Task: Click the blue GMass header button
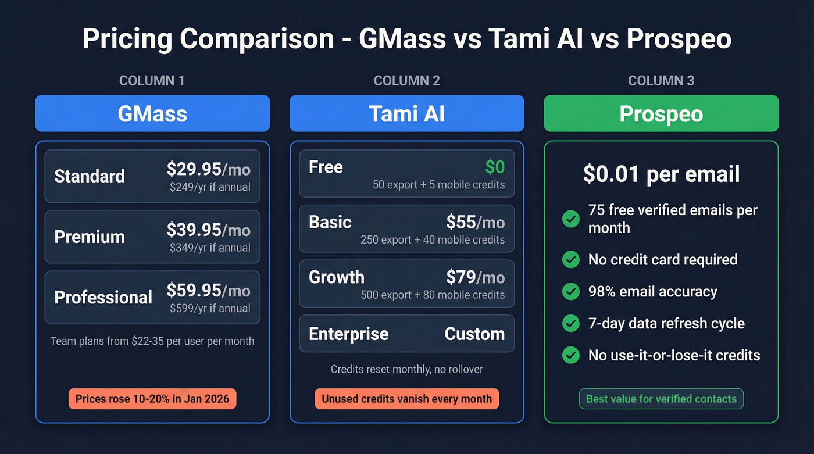pyautogui.click(x=152, y=113)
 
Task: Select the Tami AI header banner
pyautogui.click(x=406, y=113)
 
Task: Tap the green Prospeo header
pyautogui.click(x=661, y=113)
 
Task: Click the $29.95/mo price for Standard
pyautogui.click(x=208, y=169)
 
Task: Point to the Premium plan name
pyautogui.click(x=90, y=237)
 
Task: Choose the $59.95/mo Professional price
pyautogui.click(x=208, y=290)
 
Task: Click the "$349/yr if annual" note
pyautogui.click(x=210, y=248)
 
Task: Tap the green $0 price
pyautogui.click(x=495, y=167)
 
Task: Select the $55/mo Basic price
pyautogui.click(x=475, y=222)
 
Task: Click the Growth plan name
pyautogui.click(x=337, y=277)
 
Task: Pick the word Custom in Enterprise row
pyautogui.click(x=474, y=334)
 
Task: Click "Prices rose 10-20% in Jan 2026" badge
pyautogui.click(x=152, y=399)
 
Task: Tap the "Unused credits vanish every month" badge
pyautogui.click(x=406, y=399)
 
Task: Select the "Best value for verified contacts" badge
pyautogui.click(x=661, y=399)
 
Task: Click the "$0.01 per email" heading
pyautogui.click(x=661, y=174)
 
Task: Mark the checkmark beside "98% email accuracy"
pyautogui.click(x=571, y=292)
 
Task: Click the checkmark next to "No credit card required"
pyautogui.click(x=571, y=260)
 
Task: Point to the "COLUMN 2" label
pyautogui.click(x=406, y=81)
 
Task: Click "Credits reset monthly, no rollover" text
pyautogui.click(x=406, y=369)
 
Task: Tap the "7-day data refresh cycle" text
pyautogui.click(x=666, y=323)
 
